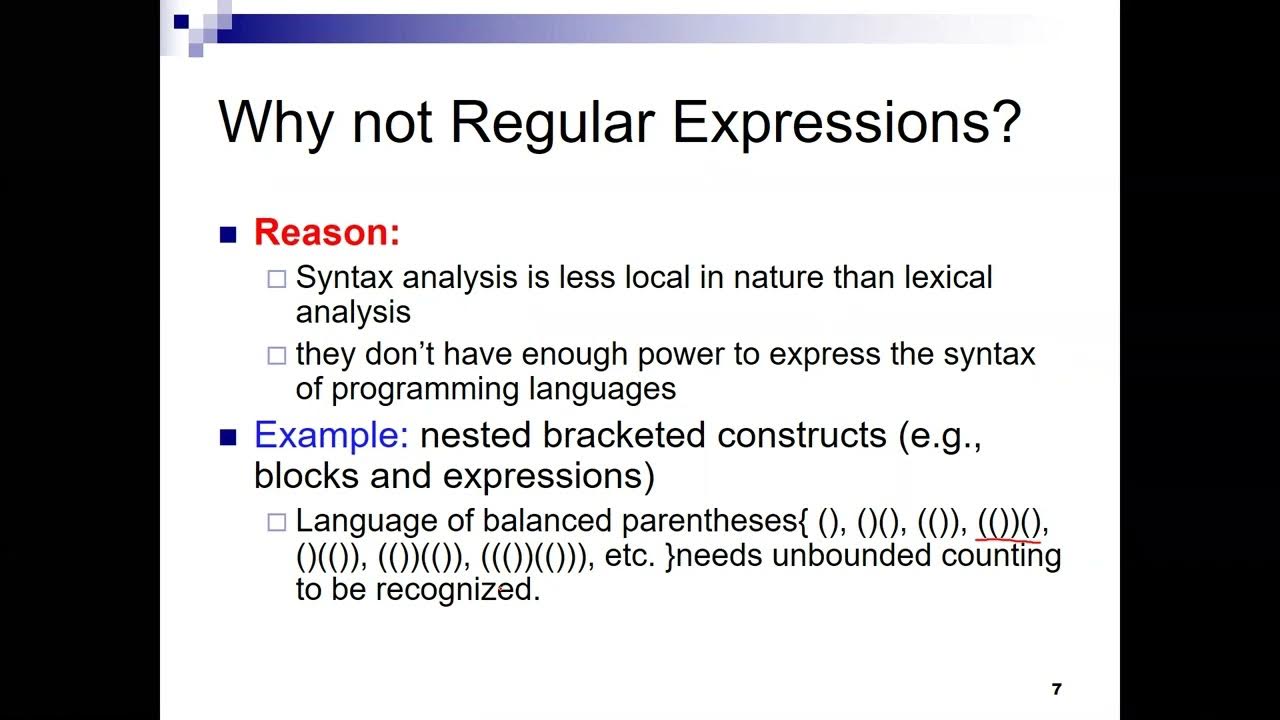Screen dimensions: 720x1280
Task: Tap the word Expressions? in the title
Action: coord(846,124)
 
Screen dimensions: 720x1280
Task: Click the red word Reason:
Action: coord(326,232)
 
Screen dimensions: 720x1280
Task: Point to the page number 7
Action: coord(1057,689)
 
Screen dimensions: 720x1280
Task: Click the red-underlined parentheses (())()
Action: coord(1009,522)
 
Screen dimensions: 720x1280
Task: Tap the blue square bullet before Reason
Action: coord(228,235)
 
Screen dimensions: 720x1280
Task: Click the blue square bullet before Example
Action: coord(228,437)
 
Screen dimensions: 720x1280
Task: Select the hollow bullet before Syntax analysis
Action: coord(277,279)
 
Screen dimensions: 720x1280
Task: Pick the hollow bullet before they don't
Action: coord(277,355)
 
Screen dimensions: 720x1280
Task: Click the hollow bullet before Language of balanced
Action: coord(277,522)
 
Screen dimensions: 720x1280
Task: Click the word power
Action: coord(646,354)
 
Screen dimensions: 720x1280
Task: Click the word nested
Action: coord(475,435)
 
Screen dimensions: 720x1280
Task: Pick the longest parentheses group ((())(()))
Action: coord(534,556)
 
